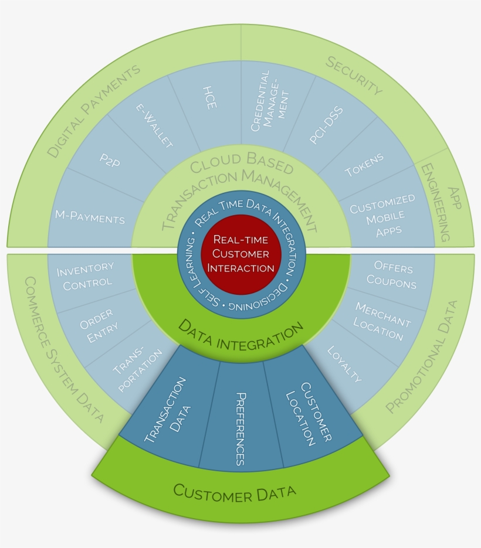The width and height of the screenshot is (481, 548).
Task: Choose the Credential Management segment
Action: pos(270,101)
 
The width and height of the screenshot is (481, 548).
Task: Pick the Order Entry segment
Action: pos(98,331)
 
